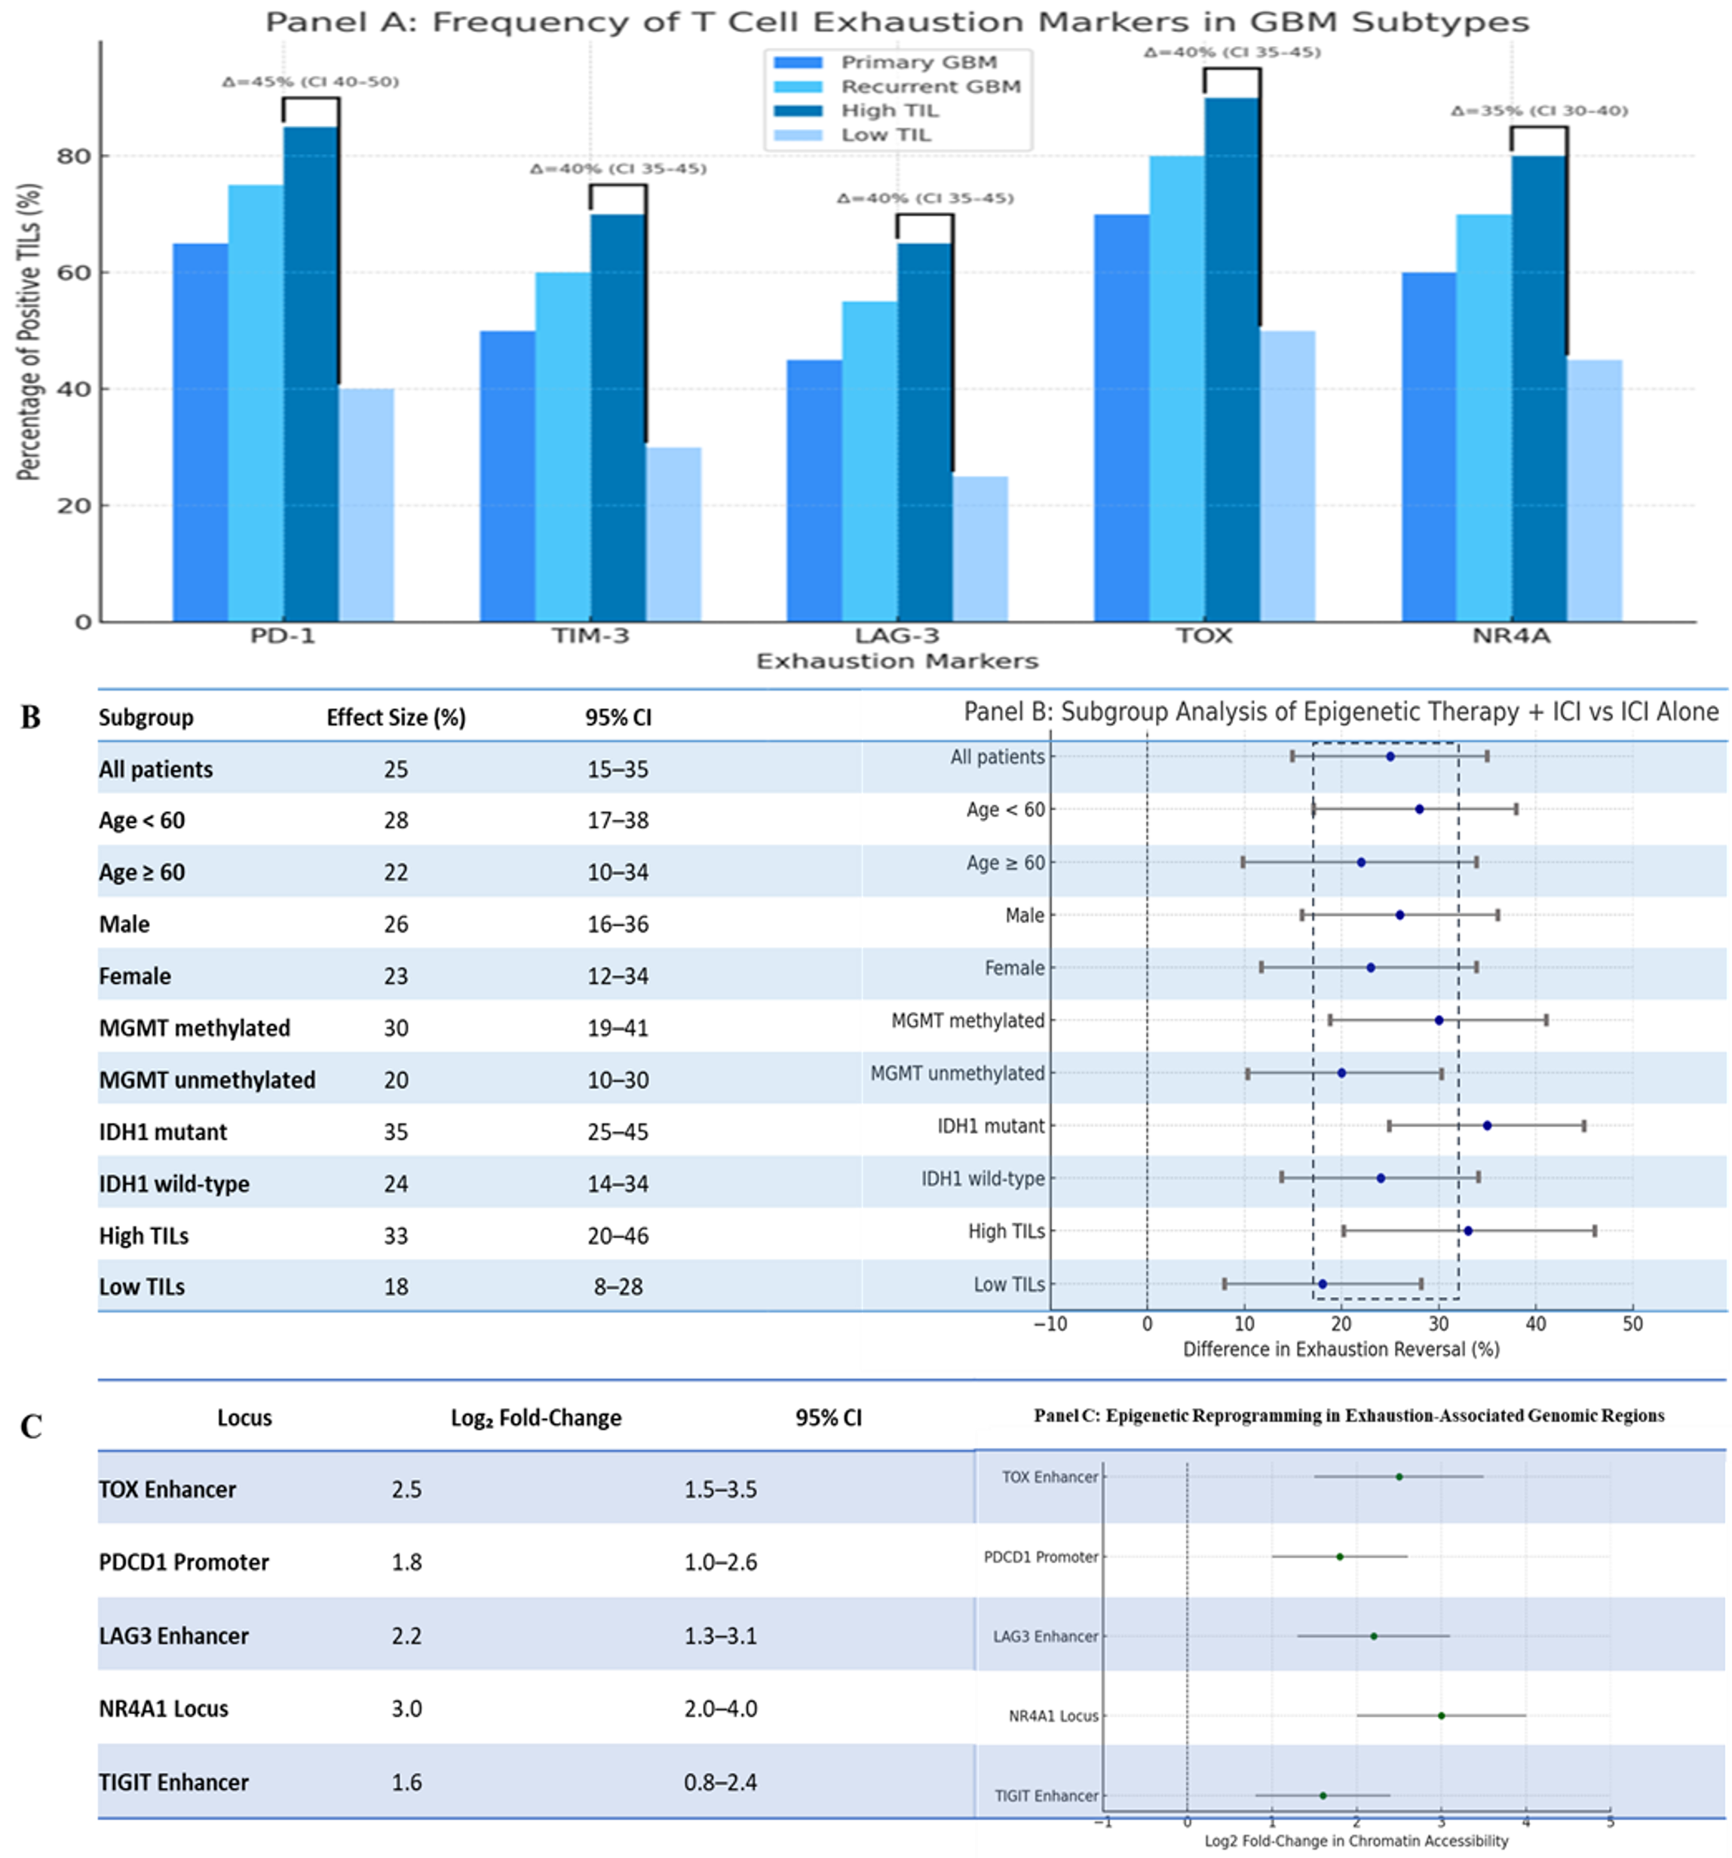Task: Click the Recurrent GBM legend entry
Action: (x=930, y=87)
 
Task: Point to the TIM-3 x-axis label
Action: (x=590, y=636)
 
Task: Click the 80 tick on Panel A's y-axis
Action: (x=75, y=156)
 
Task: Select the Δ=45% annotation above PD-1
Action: (x=311, y=82)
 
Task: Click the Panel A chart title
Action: (x=897, y=22)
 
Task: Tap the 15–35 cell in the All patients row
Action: (x=618, y=769)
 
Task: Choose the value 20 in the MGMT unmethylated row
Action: (x=395, y=1080)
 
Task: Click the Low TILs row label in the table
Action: (x=142, y=1287)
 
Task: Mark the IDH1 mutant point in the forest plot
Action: (x=1487, y=1125)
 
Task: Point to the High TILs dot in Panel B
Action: (x=1467, y=1231)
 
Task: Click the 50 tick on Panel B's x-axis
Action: (x=1632, y=1323)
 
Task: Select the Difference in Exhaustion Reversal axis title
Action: (x=1341, y=1349)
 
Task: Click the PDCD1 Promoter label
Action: (x=1041, y=1556)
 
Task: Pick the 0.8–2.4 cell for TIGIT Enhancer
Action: (x=720, y=1783)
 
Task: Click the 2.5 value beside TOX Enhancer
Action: (x=406, y=1489)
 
